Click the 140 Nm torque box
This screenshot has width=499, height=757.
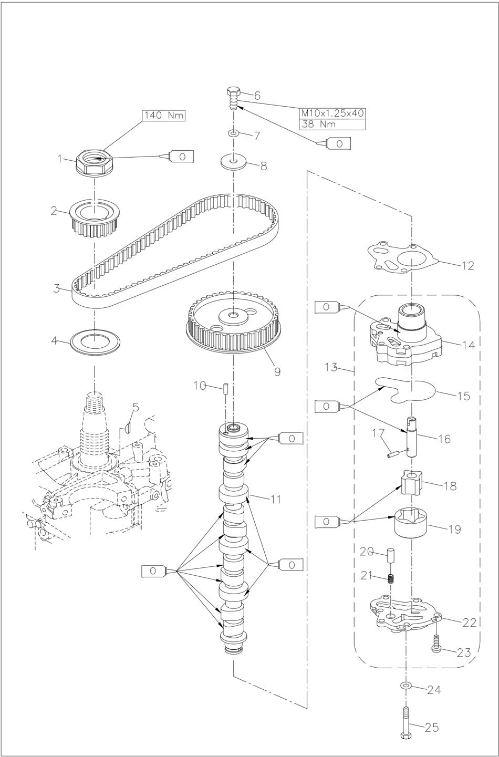[164, 115]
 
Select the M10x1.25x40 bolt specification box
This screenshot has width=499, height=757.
[332, 113]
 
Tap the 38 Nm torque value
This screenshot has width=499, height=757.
[332, 125]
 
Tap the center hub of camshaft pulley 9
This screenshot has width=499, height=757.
[233, 316]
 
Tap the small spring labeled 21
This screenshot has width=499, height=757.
[391, 579]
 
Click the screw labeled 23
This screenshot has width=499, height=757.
[436, 645]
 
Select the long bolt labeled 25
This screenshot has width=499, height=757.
[405, 722]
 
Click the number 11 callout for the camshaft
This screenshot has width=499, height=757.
[276, 499]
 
